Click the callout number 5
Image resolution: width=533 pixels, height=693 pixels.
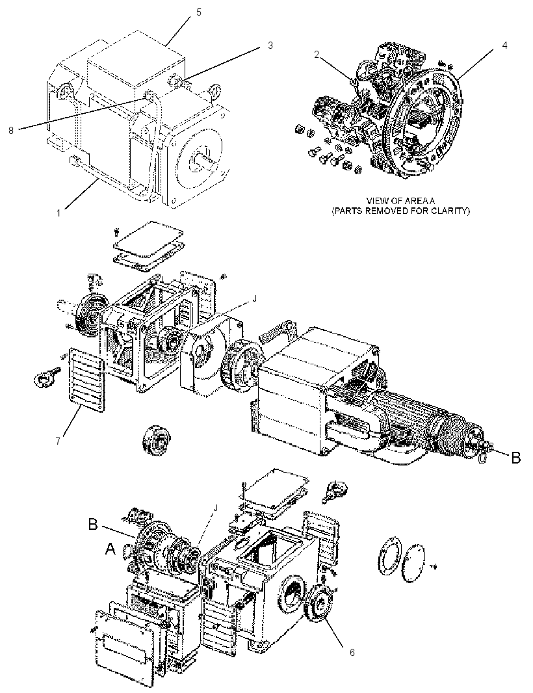click(x=198, y=12)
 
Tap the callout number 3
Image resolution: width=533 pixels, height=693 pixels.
click(x=270, y=46)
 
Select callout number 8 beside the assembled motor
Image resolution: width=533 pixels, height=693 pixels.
click(x=11, y=131)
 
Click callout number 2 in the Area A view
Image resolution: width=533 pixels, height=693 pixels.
click(x=317, y=55)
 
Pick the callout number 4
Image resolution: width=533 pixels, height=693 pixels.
click(x=504, y=45)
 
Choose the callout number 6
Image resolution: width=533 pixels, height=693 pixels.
click(x=352, y=652)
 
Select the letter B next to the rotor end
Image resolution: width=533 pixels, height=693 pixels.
click(x=515, y=458)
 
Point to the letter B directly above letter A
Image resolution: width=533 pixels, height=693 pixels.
click(x=93, y=524)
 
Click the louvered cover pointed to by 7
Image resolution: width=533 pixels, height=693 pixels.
click(x=88, y=380)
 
